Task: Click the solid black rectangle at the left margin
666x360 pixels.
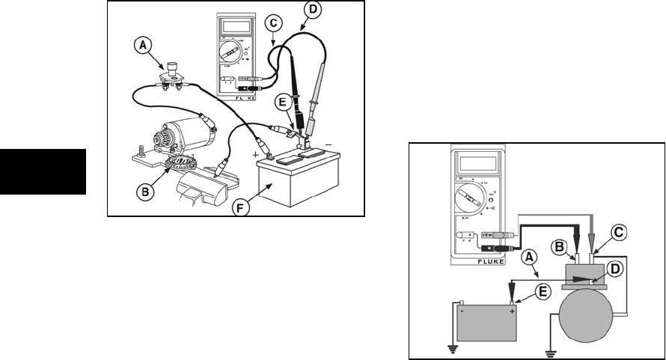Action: (42, 171)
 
